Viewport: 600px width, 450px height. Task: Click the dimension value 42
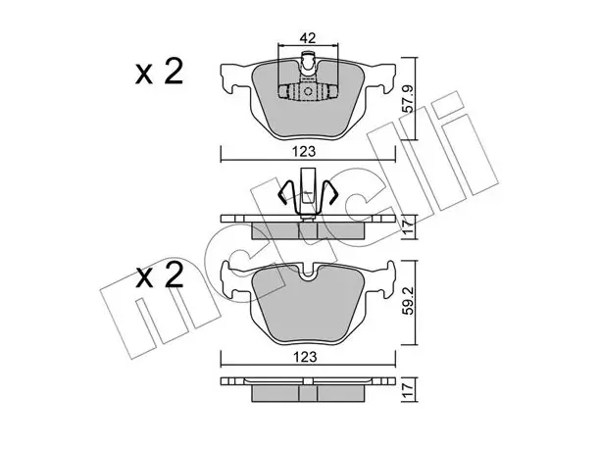307,38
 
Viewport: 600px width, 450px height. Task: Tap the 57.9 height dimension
409,99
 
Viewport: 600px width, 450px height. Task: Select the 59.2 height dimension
409,302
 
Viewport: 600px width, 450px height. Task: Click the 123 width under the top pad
304,152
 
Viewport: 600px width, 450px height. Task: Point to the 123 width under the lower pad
306,357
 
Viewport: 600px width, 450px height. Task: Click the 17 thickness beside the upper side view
409,227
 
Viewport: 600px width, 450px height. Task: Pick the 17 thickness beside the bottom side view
409,390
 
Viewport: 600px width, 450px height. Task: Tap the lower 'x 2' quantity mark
160,276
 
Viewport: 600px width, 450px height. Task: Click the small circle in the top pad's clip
309,92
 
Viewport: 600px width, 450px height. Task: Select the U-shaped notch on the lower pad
308,273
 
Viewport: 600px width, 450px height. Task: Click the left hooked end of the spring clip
284,193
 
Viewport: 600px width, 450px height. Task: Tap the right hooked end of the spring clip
331,193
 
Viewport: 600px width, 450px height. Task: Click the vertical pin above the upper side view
308,193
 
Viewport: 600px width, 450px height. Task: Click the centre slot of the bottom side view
308,393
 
